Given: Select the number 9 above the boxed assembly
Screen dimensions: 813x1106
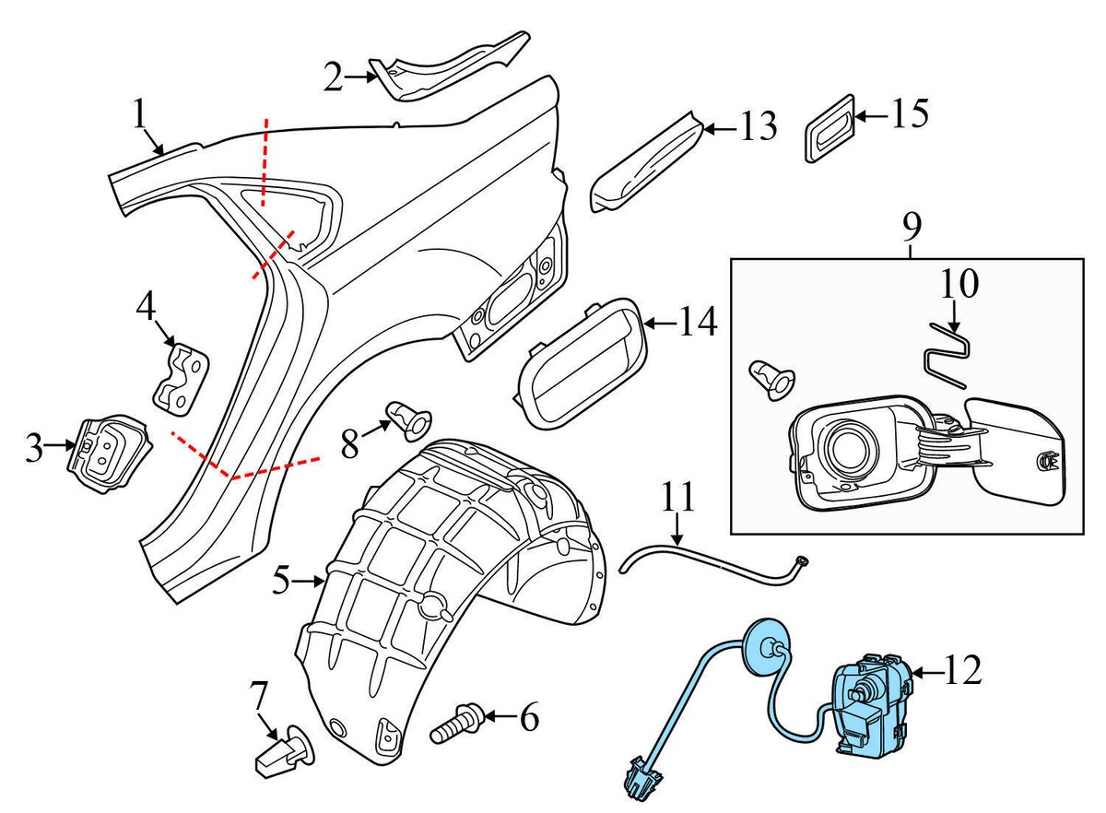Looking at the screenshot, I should click(x=911, y=225).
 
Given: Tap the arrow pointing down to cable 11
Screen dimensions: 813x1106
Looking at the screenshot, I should click(x=677, y=532).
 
